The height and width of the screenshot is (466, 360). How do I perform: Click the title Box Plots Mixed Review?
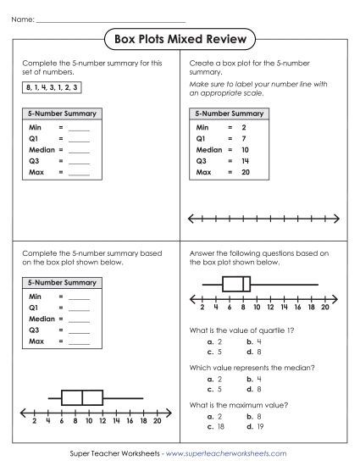(180, 39)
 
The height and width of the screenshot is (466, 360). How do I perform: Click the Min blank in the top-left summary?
(79, 127)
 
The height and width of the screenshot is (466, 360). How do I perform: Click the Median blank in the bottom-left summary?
(79, 319)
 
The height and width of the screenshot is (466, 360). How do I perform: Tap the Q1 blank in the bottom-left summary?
(79, 308)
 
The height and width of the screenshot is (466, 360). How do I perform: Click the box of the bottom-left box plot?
(81, 397)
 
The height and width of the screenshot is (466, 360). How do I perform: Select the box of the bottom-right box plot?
(236, 285)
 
